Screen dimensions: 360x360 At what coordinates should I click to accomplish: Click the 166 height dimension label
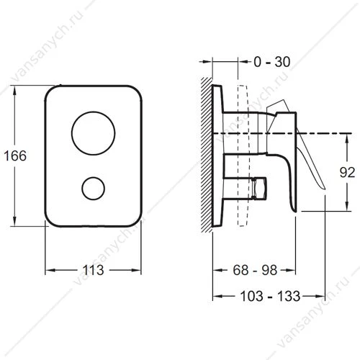[15, 156]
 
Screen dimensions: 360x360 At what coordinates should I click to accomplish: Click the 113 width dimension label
[93, 270]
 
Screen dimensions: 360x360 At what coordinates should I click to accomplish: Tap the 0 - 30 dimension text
[272, 62]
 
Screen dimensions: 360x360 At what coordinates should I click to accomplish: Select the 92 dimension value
[347, 172]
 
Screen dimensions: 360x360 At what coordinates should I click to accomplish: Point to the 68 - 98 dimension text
[255, 270]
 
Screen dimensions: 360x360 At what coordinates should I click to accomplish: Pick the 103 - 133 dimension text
[270, 296]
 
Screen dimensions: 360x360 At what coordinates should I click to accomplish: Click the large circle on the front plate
[94, 133]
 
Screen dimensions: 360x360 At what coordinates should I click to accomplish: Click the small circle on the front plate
[94, 189]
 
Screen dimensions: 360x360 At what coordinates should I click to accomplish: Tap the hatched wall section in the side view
[207, 155]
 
